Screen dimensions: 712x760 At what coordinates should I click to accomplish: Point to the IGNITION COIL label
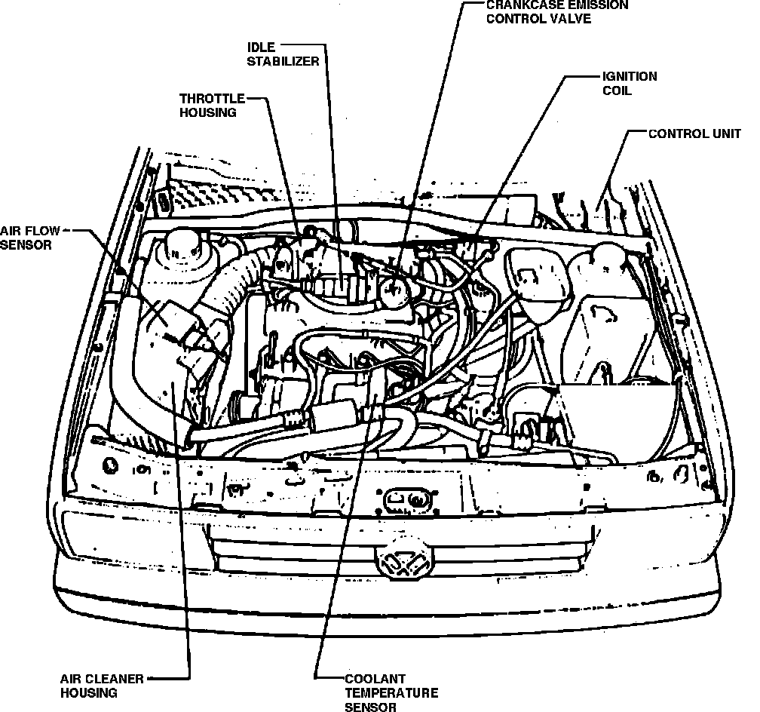pyautogui.click(x=629, y=83)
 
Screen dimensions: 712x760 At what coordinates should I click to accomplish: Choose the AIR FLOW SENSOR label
pyautogui.click(x=28, y=238)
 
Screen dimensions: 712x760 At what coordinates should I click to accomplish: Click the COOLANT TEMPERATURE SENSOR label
pyautogui.click(x=391, y=692)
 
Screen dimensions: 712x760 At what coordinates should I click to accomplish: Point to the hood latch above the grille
pyautogui.click(x=407, y=499)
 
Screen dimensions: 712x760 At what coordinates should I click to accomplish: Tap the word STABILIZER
pyautogui.click(x=283, y=61)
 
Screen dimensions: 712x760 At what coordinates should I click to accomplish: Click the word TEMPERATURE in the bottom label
pyautogui.click(x=391, y=692)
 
